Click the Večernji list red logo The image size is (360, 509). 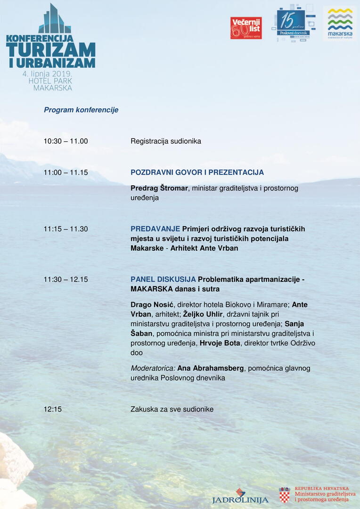pyautogui.click(x=245, y=28)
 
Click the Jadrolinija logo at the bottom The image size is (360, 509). pyautogui.click(x=240, y=497)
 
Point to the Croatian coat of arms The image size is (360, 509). pyautogui.click(x=284, y=495)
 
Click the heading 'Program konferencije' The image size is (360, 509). pyautogui.click(x=81, y=110)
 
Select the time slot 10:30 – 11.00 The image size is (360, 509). pyautogui.click(x=65, y=141)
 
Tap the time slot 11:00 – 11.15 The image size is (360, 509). pyautogui.click(x=65, y=172)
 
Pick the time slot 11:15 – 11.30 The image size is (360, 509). pyautogui.click(x=65, y=229)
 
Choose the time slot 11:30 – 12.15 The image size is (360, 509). pyautogui.click(x=65, y=279)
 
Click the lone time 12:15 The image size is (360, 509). pyautogui.click(x=53, y=409)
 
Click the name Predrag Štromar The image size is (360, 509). pyautogui.click(x=159, y=188)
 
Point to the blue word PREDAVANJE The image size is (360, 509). pyautogui.click(x=155, y=229)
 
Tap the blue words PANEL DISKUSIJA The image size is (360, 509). pyautogui.click(x=163, y=279)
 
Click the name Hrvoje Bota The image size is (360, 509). pyautogui.click(x=220, y=343)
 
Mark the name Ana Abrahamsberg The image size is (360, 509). pyautogui.click(x=211, y=368)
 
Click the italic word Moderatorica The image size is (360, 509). pyautogui.click(x=152, y=368)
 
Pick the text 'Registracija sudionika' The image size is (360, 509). pyautogui.click(x=166, y=141)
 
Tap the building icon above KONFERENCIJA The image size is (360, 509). pyautogui.click(x=54, y=19)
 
